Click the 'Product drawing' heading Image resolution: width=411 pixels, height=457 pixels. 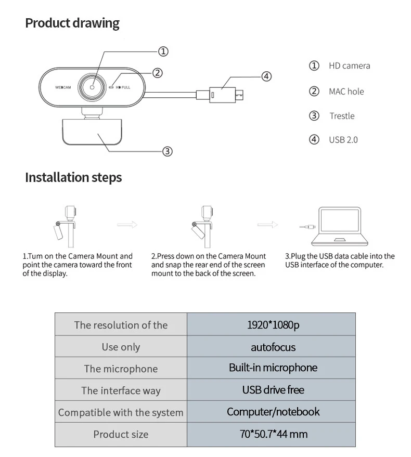(72, 23)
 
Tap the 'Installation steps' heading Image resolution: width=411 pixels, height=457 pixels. (73, 177)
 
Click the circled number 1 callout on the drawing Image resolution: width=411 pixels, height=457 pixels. (163, 51)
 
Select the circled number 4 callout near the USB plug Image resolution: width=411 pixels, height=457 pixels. (266, 76)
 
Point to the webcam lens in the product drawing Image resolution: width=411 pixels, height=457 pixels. (93, 87)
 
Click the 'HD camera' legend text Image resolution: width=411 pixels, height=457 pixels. (349, 66)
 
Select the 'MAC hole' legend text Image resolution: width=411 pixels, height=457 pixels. (346, 92)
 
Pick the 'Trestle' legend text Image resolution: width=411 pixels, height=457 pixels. (341, 116)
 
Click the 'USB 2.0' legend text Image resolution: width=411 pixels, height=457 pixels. (343, 140)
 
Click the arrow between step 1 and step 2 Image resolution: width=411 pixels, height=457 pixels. (127, 225)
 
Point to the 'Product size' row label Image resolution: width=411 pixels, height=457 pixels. (121, 434)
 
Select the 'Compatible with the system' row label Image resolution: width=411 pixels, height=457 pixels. (121, 412)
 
